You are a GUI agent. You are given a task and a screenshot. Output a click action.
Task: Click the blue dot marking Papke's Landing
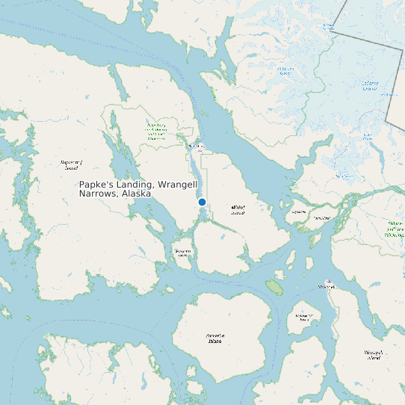tap(202, 202)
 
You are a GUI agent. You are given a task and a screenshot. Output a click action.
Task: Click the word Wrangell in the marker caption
tap(178, 185)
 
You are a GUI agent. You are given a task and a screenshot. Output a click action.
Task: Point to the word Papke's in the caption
tap(96, 185)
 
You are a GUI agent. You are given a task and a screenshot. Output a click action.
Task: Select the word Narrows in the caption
tap(97, 194)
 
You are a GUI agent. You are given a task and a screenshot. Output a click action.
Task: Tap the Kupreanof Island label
tap(71, 164)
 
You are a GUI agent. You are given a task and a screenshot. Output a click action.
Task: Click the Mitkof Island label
tap(238, 209)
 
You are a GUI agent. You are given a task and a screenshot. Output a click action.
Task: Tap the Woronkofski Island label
tap(303, 318)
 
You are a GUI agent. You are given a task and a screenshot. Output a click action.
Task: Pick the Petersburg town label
tap(197, 146)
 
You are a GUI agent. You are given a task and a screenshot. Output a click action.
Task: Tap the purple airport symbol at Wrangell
tap(330, 282)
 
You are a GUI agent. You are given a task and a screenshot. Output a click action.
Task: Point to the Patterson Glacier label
tap(285, 71)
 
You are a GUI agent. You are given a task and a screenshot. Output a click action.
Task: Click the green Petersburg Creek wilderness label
tap(156, 132)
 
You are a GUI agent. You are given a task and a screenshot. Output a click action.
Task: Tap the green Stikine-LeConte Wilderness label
tap(395, 229)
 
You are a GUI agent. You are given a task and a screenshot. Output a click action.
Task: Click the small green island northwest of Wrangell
tap(274, 286)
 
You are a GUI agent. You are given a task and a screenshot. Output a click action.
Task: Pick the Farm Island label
tap(321, 218)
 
